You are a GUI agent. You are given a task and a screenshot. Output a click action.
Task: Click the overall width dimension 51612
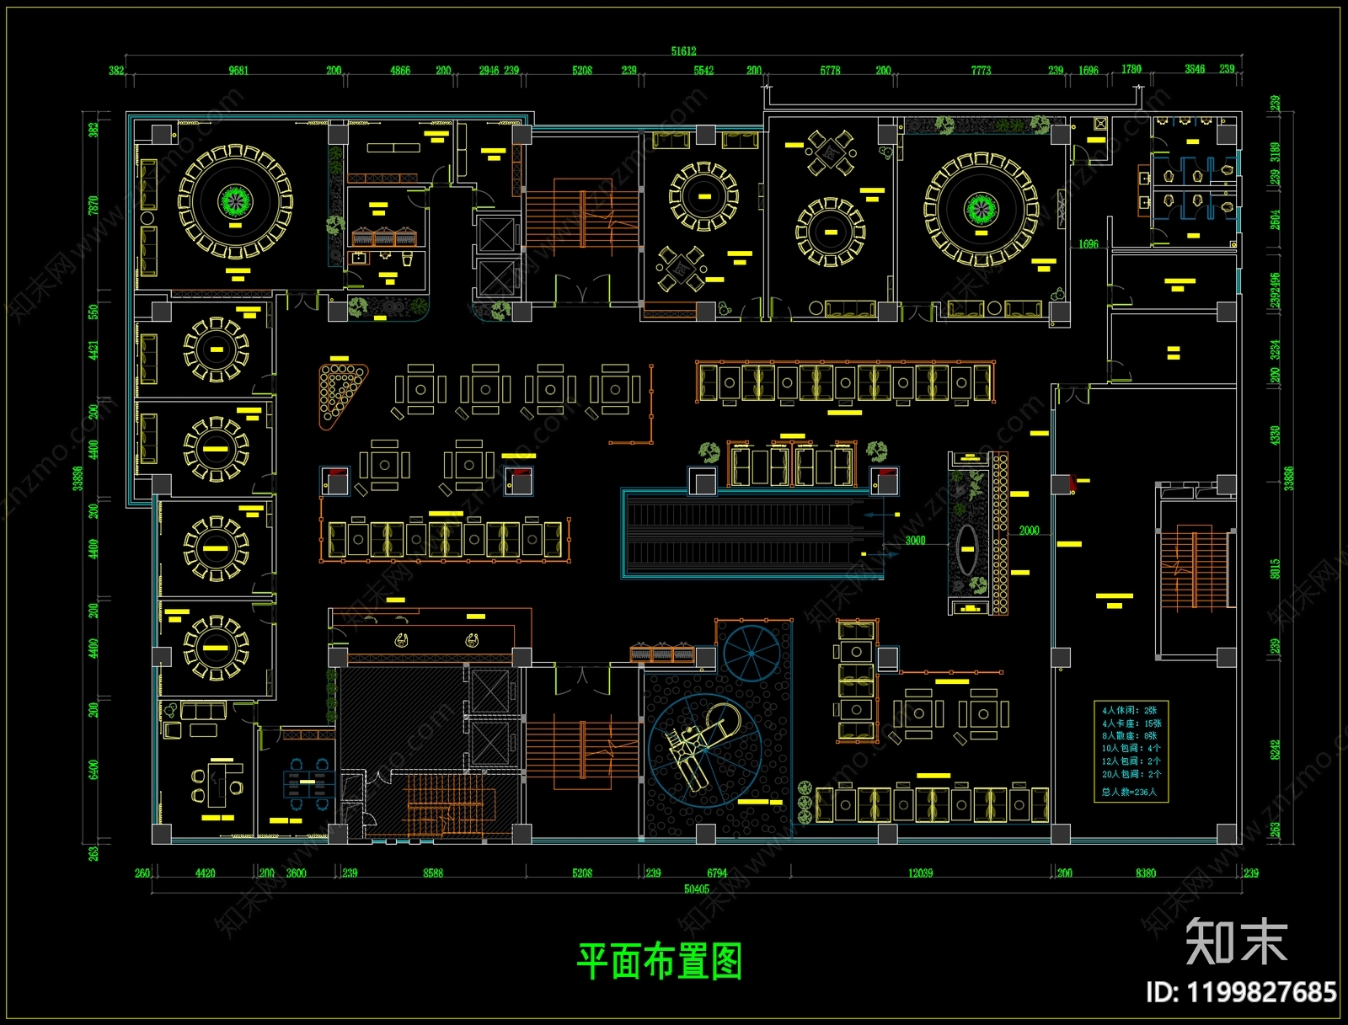683,51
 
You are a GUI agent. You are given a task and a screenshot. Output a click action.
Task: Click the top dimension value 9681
238,71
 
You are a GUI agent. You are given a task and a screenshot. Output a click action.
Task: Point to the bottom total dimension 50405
696,889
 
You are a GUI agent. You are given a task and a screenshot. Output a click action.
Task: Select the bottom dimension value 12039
920,873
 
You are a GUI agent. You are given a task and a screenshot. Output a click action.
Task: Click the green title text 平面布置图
659,962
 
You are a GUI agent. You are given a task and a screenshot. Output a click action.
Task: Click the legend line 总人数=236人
1129,792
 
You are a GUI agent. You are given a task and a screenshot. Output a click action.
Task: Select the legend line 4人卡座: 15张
1131,723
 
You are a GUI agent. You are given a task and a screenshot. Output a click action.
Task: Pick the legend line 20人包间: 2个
1131,774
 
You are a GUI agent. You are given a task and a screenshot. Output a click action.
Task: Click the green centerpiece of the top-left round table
235,200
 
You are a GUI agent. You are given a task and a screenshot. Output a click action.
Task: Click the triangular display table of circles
339,391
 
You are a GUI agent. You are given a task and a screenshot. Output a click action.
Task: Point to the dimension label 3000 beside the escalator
915,541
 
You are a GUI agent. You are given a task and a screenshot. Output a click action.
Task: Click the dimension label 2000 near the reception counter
1029,531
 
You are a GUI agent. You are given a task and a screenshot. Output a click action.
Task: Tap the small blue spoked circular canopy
752,653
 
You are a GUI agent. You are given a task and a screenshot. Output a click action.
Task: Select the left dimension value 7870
94,205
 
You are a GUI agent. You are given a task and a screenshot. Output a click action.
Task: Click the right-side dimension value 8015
1275,569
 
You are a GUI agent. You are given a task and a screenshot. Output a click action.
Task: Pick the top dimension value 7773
981,71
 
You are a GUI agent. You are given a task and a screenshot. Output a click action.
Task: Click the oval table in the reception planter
966,549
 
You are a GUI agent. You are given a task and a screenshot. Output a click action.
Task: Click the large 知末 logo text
1236,941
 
